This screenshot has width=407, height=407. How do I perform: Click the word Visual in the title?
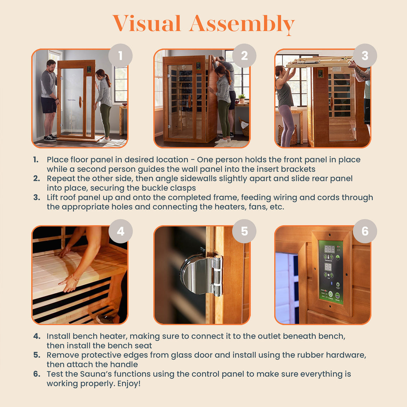coord(147,24)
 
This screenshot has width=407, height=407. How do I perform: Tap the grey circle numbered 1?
coord(120,56)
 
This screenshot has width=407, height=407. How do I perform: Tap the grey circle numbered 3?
coord(365,55)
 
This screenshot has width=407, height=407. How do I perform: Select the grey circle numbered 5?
coord(244,231)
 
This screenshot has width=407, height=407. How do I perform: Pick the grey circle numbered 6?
coord(365,231)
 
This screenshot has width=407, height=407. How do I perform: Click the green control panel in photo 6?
coord(331,272)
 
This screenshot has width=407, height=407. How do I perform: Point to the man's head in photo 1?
coord(51,65)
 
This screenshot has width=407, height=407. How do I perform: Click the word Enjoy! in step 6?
coord(129,383)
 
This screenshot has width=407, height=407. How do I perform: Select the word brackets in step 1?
coord(297,169)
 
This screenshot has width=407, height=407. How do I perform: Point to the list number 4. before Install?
coord(37,336)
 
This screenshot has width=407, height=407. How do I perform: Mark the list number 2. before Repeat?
coord(36,178)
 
